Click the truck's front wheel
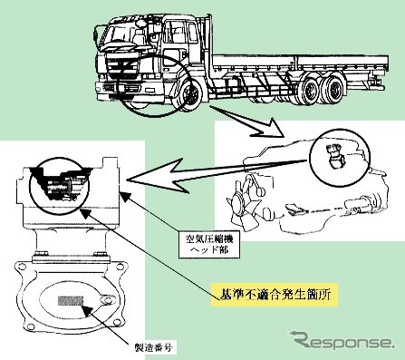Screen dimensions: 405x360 coord(190,95)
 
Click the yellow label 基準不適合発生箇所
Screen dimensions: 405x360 coord(275,295)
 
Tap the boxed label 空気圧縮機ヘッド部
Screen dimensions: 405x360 coord(209,245)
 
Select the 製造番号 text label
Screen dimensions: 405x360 coord(154,347)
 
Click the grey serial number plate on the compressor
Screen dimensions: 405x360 coord(71,301)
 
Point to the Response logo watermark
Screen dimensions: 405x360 coord(342,341)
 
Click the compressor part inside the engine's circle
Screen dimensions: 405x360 coord(336,156)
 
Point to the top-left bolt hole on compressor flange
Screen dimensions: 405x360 coord(22,267)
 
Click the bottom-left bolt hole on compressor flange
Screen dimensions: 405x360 coord(29,326)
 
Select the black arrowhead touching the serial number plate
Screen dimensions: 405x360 coord(86,311)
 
